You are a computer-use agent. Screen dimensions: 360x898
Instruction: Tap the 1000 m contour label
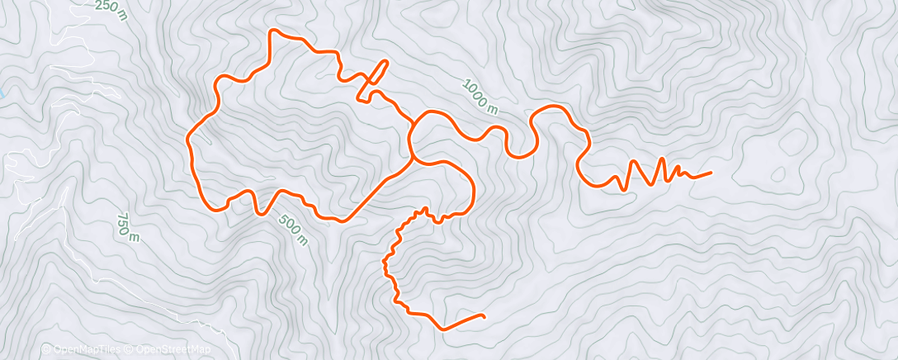(x=481, y=97)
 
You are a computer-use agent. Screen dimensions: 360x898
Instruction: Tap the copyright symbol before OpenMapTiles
(x=45, y=349)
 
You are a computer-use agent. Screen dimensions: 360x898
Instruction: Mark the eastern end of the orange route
(x=711, y=173)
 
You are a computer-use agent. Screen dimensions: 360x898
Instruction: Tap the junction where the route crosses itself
(x=412, y=154)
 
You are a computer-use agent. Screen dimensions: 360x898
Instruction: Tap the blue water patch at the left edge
(x=2, y=94)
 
